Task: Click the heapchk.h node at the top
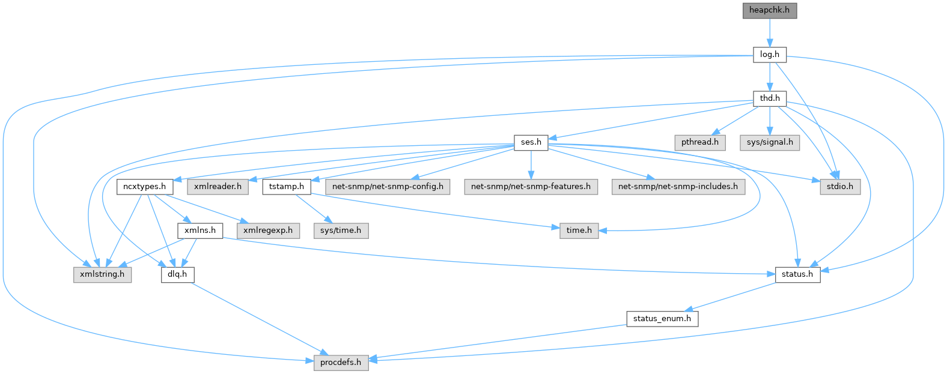[x=769, y=11]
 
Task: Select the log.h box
[x=769, y=55]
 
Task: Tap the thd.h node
[x=769, y=98]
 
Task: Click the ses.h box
[x=531, y=142]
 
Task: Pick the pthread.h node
[x=699, y=142]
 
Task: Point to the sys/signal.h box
[x=769, y=142]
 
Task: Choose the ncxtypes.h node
[x=145, y=186]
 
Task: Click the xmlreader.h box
[x=218, y=186]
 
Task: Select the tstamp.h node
[x=286, y=186]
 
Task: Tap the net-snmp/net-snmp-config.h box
[x=388, y=186]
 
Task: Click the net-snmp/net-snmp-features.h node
[x=531, y=186]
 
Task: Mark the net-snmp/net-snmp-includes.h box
[x=678, y=186]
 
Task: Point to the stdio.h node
[x=840, y=186]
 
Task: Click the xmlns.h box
[x=200, y=231]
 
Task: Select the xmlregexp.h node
[x=268, y=231]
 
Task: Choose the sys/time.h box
[x=341, y=231]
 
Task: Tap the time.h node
[x=579, y=231]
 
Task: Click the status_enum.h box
[x=662, y=319]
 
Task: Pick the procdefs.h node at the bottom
[x=341, y=363]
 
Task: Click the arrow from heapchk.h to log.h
[x=769, y=32]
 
